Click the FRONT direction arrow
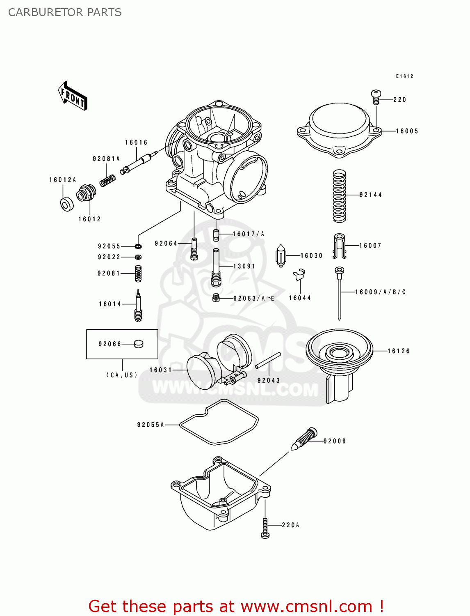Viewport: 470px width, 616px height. [x=73, y=96]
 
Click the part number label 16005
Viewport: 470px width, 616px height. [x=407, y=131]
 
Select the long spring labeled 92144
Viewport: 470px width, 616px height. [x=339, y=196]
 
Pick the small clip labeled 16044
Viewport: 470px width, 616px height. [x=299, y=274]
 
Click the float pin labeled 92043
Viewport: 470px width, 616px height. [x=268, y=361]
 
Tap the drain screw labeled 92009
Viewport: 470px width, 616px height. [x=304, y=439]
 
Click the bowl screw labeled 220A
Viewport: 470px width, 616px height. [x=265, y=528]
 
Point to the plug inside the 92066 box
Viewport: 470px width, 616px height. [x=139, y=344]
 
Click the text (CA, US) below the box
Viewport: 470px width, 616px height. [x=122, y=375]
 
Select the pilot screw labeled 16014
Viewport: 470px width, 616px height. [x=138, y=306]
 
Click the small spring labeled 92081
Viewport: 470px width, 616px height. [x=138, y=274]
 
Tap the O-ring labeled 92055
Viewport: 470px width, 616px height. [x=138, y=246]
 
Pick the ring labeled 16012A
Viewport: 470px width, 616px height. [x=66, y=204]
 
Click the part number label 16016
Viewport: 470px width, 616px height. [x=136, y=143]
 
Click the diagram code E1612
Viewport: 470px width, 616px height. [x=404, y=76]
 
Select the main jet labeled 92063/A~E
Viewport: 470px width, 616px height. [x=216, y=298]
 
